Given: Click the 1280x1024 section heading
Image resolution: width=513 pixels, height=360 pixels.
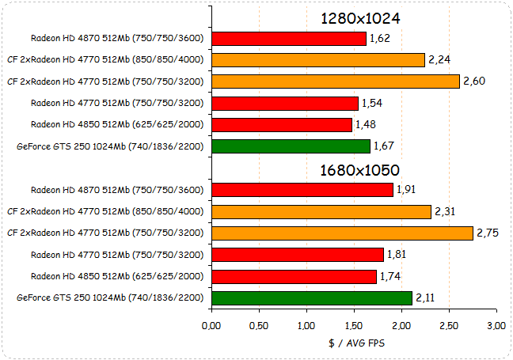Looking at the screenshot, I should tap(359, 18).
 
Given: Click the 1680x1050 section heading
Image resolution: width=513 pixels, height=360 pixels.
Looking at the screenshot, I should tap(359, 170).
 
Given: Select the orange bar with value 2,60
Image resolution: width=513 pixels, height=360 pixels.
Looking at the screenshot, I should tap(336, 81).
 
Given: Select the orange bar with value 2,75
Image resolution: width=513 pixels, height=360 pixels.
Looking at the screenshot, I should tap(342, 233).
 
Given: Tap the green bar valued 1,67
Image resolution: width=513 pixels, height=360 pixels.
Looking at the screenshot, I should tap(291, 146).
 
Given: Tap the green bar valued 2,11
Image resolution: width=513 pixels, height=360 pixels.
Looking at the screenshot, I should tap(312, 297).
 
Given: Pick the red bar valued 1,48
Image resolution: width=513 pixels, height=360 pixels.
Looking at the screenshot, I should tap(282, 125).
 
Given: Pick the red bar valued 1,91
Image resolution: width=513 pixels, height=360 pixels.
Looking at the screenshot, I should tap(302, 190).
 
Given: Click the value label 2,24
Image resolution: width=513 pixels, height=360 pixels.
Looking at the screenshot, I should tap(439, 59).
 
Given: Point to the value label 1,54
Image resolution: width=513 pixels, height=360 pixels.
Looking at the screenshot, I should tap(373, 103).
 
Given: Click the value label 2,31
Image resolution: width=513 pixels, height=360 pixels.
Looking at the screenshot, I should tap(446, 211).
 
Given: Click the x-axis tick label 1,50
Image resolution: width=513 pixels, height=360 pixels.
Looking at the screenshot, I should tap(354, 326).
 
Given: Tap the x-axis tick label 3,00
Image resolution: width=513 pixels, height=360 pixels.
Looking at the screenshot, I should tap(496, 326).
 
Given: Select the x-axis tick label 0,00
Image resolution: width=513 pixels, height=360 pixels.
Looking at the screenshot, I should tap(212, 326).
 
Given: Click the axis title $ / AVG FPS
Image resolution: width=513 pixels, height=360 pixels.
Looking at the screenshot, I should tap(354, 343).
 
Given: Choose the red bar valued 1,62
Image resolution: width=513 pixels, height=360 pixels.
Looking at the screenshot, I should tap(289, 38).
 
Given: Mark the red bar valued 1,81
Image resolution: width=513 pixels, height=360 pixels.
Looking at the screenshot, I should tap(298, 255).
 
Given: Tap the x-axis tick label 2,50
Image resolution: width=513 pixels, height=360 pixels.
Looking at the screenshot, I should tap(449, 326).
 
